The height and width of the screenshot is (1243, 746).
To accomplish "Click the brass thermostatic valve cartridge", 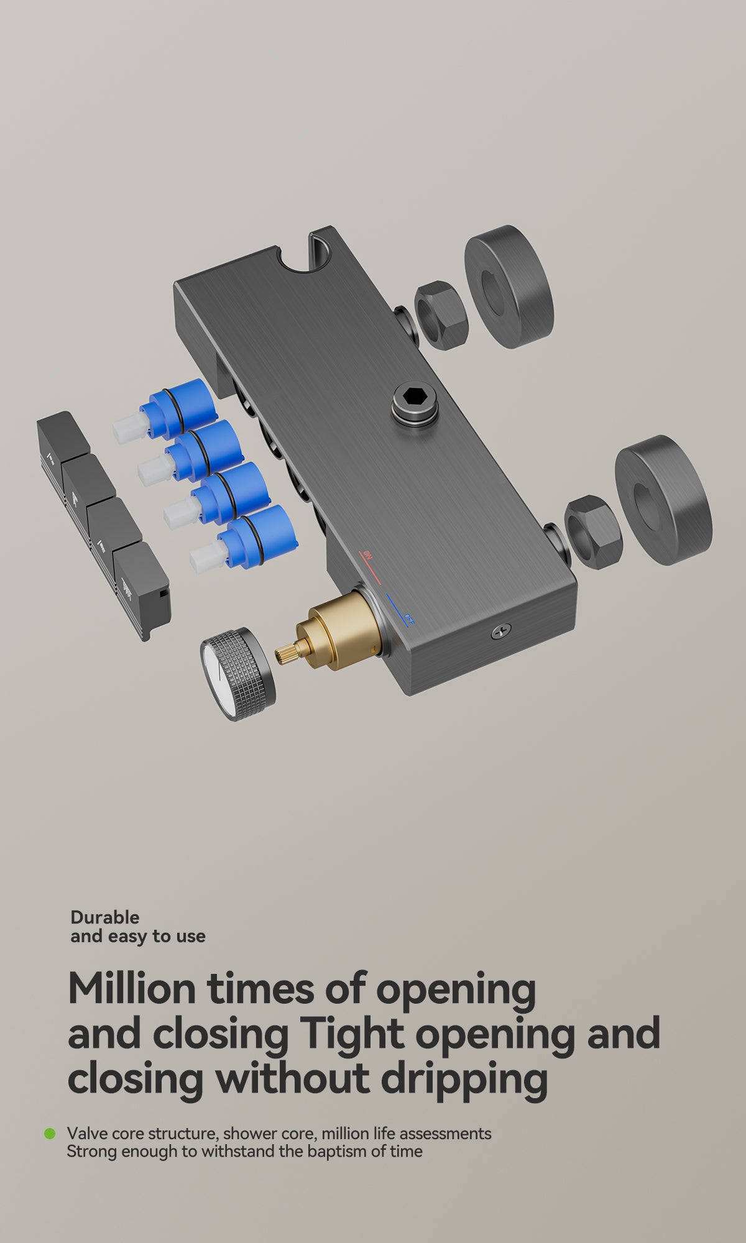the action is tap(329, 631).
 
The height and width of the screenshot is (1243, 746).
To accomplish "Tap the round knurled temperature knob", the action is tap(238, 674).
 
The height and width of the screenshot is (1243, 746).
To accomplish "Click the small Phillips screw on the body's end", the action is tap(500, 632).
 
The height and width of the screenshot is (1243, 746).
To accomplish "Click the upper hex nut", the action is tap(441, 316).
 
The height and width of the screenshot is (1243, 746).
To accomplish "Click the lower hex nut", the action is tap(592, 532).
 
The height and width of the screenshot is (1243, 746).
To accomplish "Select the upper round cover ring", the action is tap(509, 287).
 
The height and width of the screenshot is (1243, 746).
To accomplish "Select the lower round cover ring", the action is tap(663, 500).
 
